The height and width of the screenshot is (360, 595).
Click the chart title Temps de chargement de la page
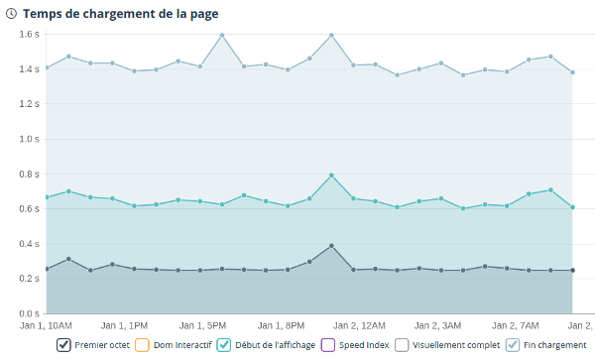(x=120, y=14)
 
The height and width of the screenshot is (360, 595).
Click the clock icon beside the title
(x=11, y=14)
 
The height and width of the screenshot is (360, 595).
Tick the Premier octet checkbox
(x=64, y=345)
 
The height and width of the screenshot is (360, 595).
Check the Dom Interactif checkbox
(x=140, y=345)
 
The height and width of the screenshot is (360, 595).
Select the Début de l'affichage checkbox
(x=224, y=345)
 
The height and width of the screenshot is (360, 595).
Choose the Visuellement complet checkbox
(x=402, y=345)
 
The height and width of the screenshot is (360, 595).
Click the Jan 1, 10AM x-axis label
(x=46, y=324)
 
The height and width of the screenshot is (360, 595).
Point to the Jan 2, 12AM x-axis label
(x=359, y=324)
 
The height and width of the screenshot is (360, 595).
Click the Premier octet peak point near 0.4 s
(x=331, y=245)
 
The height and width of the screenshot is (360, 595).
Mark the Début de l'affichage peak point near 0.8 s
(x=331, y=176)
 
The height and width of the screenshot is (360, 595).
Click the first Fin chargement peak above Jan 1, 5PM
(x=222, y=35)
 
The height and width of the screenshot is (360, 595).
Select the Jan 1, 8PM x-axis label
(x=281, y=324)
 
